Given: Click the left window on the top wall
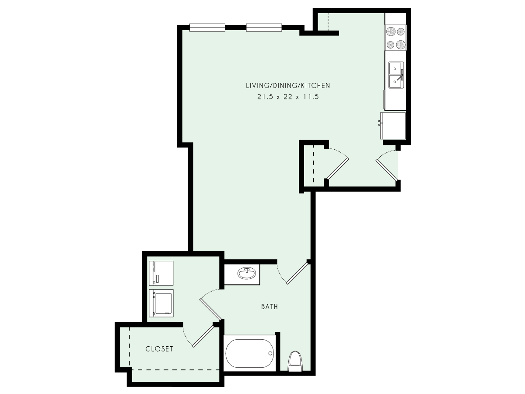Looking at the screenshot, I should pos(207,28).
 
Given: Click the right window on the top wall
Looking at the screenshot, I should pos(264,28).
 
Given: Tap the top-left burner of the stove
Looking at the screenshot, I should pos(390,32).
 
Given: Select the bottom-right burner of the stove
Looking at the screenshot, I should pos(401,44).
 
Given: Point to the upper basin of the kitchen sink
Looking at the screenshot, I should pos(396,68).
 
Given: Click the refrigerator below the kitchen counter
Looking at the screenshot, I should pos(394,125).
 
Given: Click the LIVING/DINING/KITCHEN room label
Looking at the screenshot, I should pos(287,85).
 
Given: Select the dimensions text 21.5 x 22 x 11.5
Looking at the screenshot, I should pos(287,97).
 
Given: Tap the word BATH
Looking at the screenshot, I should pos(269,307).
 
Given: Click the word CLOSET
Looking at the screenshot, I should pos(159,349).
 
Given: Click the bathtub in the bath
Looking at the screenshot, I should pos(249,353).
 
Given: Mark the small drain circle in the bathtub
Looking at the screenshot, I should pos(271,353).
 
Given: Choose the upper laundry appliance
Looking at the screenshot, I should pos(161,273).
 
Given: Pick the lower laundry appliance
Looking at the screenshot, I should pos(161,303).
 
